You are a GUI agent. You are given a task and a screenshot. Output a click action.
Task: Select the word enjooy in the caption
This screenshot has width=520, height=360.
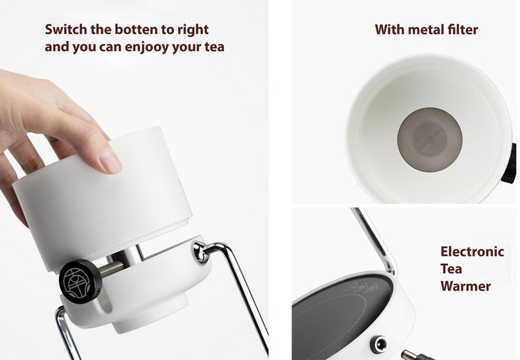pyautogui.click(x=147, y=47)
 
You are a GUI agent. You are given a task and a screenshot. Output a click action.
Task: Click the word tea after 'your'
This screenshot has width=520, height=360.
pyautogui.click(x=214, y=47)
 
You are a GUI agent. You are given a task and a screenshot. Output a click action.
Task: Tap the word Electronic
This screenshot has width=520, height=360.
pyautogui.click(x=472, y=251)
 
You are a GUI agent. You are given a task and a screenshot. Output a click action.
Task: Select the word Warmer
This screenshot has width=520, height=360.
pyautogui.click(x=466, y=286)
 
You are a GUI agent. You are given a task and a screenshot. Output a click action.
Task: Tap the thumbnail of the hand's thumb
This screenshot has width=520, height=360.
pyautogui.click(x=111, y=160)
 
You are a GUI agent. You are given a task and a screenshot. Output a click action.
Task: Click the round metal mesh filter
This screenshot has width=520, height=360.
pyautogui.click(x=430, y=139)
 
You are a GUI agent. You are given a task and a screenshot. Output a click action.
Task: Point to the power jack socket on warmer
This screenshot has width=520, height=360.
pyautogui.click(x=380, y=344)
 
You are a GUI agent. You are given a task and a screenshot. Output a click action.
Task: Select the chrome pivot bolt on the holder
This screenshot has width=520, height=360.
pyautogui.click(x=200, y=252)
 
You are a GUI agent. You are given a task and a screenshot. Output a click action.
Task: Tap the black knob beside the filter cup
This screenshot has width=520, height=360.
pyautogui.click(x=510, y=164)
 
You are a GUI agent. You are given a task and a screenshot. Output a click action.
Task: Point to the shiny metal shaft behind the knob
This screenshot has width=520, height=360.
pyautogui.click(x=111, y=269)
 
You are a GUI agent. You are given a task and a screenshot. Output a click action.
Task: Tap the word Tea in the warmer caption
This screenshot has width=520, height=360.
pyautogui.click(x=451, y=269)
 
